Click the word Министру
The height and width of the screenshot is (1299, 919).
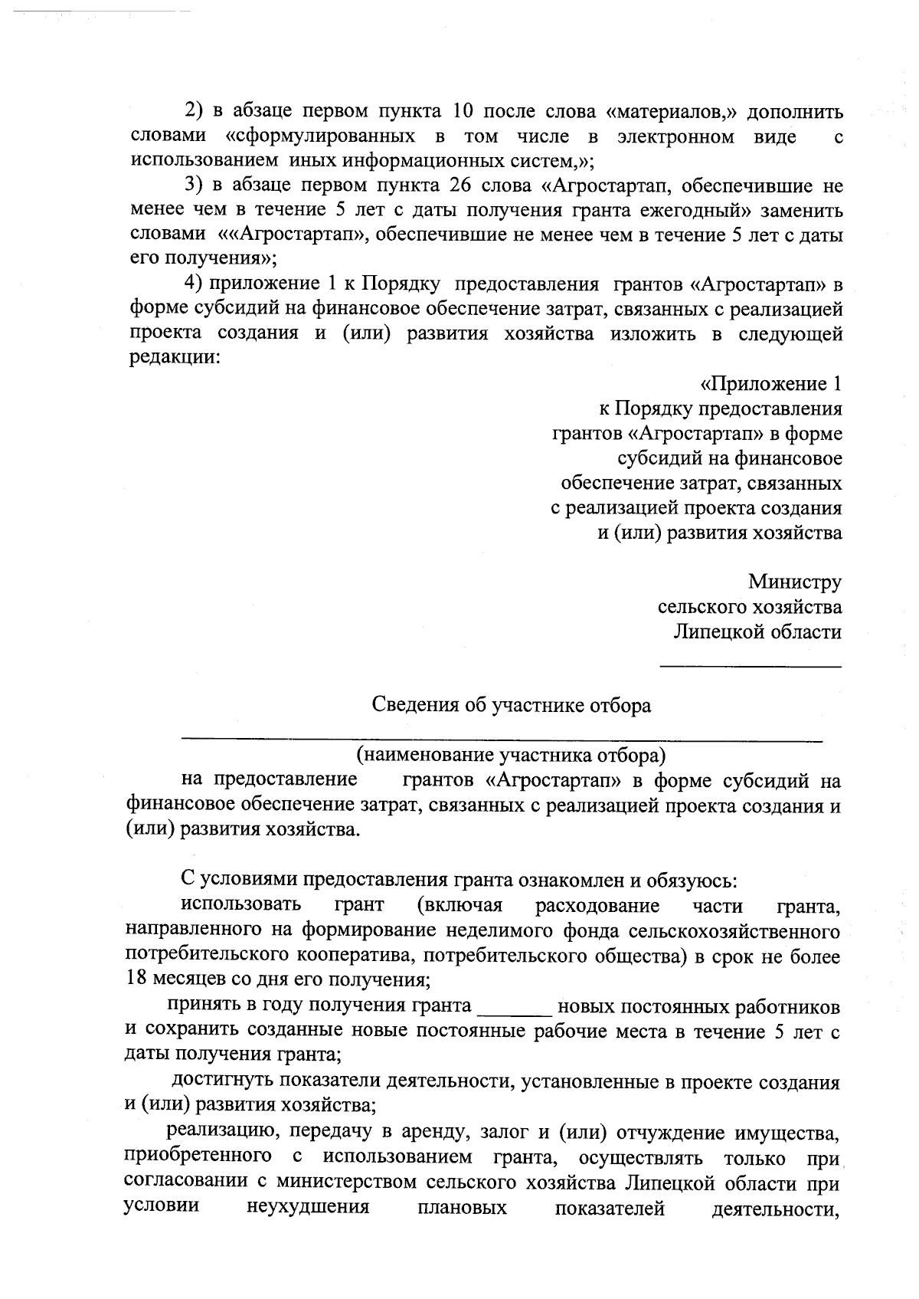[796, 582]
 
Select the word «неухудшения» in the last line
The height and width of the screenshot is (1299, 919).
[308, 1208]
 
